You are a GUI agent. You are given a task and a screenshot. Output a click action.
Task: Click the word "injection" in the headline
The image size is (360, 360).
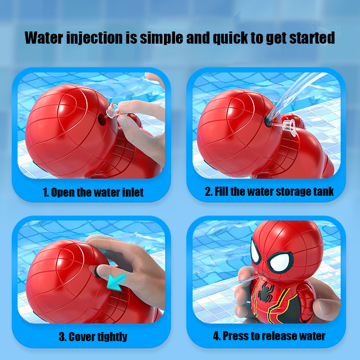(x=94, y=38)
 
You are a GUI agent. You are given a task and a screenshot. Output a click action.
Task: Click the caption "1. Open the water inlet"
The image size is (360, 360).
(x=93, y=193)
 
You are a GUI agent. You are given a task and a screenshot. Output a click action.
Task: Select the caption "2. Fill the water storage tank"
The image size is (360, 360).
(x=269, y=192)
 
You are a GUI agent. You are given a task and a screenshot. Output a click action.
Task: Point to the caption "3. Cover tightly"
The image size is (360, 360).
(x=93, y=337)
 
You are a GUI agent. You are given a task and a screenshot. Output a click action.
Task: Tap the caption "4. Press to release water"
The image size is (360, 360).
(x=269, y=336)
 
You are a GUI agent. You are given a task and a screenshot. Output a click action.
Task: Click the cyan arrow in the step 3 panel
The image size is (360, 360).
(x=117, y=282)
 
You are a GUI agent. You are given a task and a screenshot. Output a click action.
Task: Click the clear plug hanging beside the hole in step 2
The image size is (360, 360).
(x=289, y=127)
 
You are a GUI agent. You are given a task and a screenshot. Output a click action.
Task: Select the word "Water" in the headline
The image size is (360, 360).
(x=44, y=38)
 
